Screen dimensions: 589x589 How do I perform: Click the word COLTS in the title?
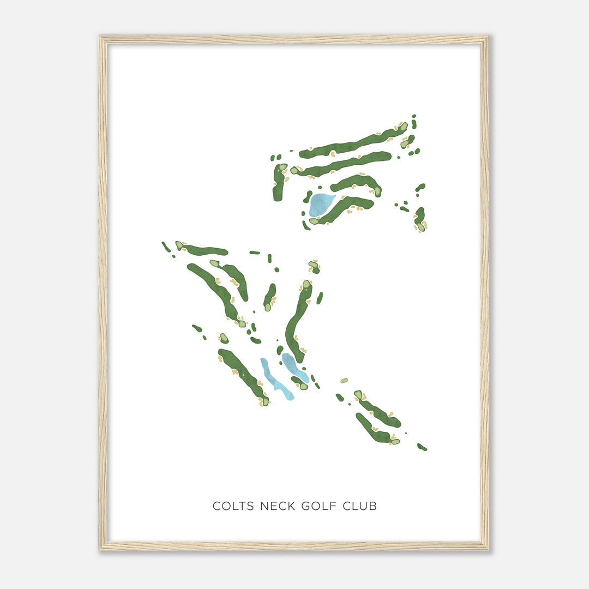[233, 506]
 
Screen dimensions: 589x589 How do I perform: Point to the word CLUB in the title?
[359, 506]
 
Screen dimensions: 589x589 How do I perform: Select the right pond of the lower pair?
[294, 367]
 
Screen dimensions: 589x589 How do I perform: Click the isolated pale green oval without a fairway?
[344, 381]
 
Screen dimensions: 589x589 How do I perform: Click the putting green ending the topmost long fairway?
[403, 127]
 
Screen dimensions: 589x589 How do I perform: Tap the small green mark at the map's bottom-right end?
[422, 447]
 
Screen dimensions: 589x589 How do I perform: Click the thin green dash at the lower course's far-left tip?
[166, 247]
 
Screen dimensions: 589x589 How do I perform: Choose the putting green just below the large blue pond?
[315, 221]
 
